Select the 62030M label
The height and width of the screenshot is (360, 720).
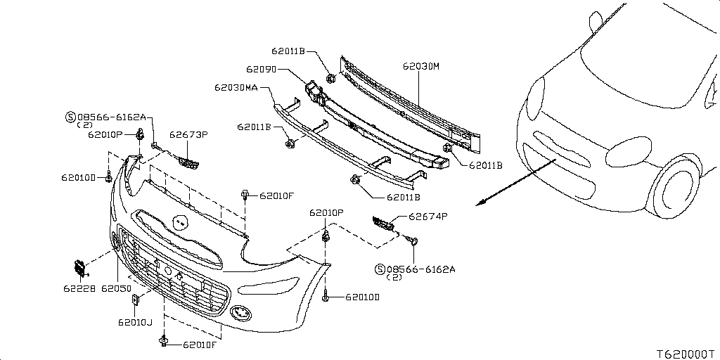tap(420, 66)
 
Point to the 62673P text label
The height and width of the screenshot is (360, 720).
tap(188, 134)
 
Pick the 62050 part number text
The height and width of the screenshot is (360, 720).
tap(116, 288)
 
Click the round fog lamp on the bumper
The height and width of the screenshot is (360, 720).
tap(240, 312)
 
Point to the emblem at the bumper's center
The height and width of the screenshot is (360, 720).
tap(179, 223)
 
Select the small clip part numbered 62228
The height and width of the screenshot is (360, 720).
tap(78, 267)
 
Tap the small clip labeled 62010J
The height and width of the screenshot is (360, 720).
tap(136, 300)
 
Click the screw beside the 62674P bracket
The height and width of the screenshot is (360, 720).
tap(413, 241)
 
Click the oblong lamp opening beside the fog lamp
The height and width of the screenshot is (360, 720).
tap(259, 288)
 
